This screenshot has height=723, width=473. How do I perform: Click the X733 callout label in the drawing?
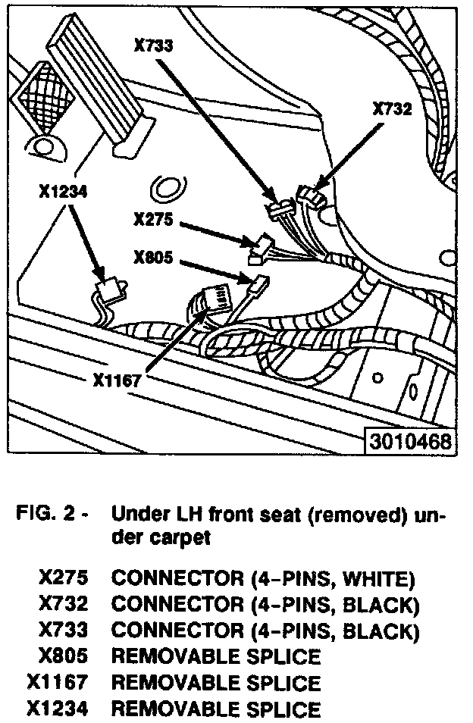click(x=154, y=46)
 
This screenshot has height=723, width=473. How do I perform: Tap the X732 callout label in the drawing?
click(x=392, y=109)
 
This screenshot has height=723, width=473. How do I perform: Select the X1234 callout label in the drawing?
click(x=63, y=192)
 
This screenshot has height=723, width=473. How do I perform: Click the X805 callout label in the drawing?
click(x=154, y=258)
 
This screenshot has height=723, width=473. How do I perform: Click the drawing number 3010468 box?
click(x=410, y=441)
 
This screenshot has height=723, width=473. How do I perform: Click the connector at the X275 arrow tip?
click(x=262, y=246)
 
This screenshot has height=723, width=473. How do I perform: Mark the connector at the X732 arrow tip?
click(x=310, y=199)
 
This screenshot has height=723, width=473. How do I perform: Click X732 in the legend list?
click(x=63, y=606)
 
